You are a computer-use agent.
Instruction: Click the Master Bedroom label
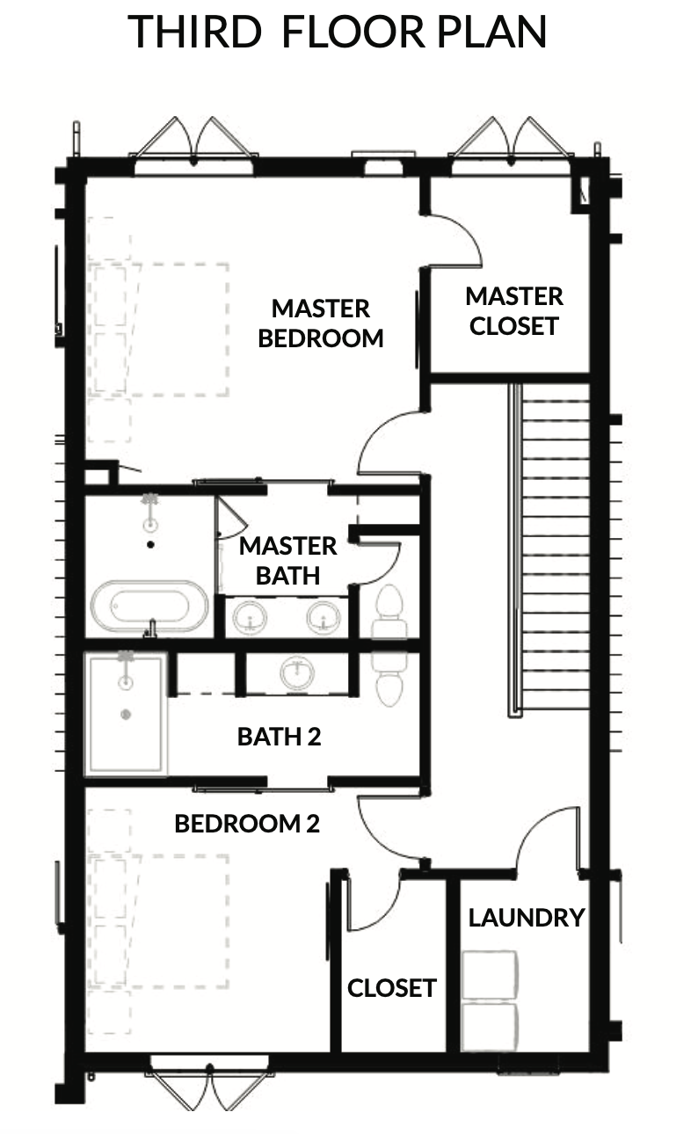(x=320, y=323)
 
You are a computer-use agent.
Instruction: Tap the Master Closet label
(x=514, y=311)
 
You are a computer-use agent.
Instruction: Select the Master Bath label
(x=287, y=561)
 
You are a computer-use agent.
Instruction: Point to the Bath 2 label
(x=279, y=737)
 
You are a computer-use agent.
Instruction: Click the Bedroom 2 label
(x=247, y=824)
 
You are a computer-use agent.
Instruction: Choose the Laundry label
(x=527, y=918)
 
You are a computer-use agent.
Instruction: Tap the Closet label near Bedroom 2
(x=392, y=988)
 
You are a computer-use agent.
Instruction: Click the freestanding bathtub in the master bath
(x=149, y=606)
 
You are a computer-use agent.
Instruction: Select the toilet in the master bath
(x=389, y=611)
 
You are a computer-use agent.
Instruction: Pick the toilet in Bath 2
(x=389, y=679)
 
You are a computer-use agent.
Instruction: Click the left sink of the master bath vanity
(x=250, y=616)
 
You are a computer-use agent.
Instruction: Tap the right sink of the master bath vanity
(x=324, y=616)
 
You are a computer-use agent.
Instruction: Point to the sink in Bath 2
(x=297, y=672)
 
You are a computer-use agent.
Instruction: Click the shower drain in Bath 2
(x=126, y=715)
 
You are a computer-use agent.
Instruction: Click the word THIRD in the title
(x=194, y=32)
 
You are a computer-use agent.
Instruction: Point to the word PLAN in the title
(x=491, y=32)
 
